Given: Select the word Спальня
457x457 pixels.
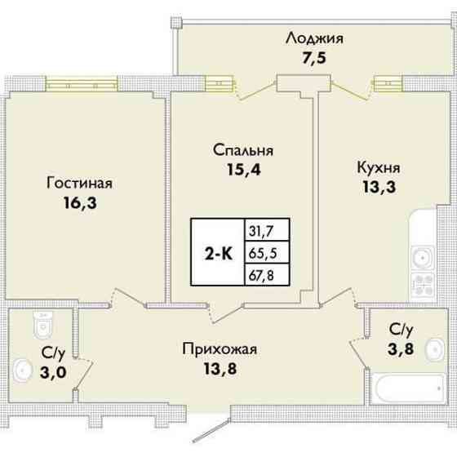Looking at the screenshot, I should coord(242,150).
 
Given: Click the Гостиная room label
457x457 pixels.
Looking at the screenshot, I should coord(79,182).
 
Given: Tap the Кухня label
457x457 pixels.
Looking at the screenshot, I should coord(378,167).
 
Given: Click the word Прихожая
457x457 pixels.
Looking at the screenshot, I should coord(220,350).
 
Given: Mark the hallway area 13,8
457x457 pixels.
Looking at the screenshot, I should coord(220,370).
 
